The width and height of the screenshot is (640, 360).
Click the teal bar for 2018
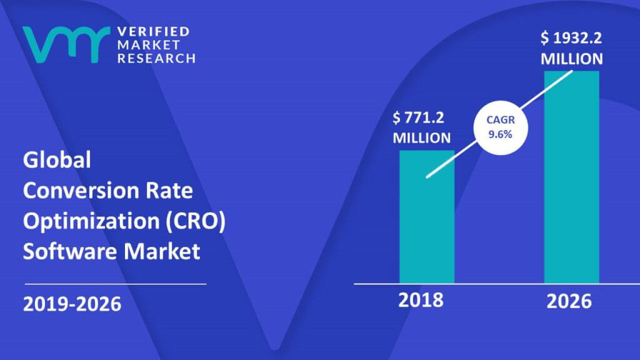click(427, 216)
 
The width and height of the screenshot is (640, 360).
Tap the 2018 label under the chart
click(421, 300)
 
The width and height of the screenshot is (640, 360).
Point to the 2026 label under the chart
click(568, 301)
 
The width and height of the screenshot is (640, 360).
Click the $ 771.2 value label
click(421, 117)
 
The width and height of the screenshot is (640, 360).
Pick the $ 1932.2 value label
click(572, 39)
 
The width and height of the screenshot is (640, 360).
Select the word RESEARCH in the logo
click(156, 57)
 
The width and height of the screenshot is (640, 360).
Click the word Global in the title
click(57, 161)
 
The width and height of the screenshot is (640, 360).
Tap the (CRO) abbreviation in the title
click(197, 221)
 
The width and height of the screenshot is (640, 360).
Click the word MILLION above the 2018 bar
click(421, 137)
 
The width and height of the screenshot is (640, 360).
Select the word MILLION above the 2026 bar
click(572, 59)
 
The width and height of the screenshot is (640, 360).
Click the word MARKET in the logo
click(147, 44)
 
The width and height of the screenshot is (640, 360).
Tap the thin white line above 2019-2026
click(114, 284)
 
